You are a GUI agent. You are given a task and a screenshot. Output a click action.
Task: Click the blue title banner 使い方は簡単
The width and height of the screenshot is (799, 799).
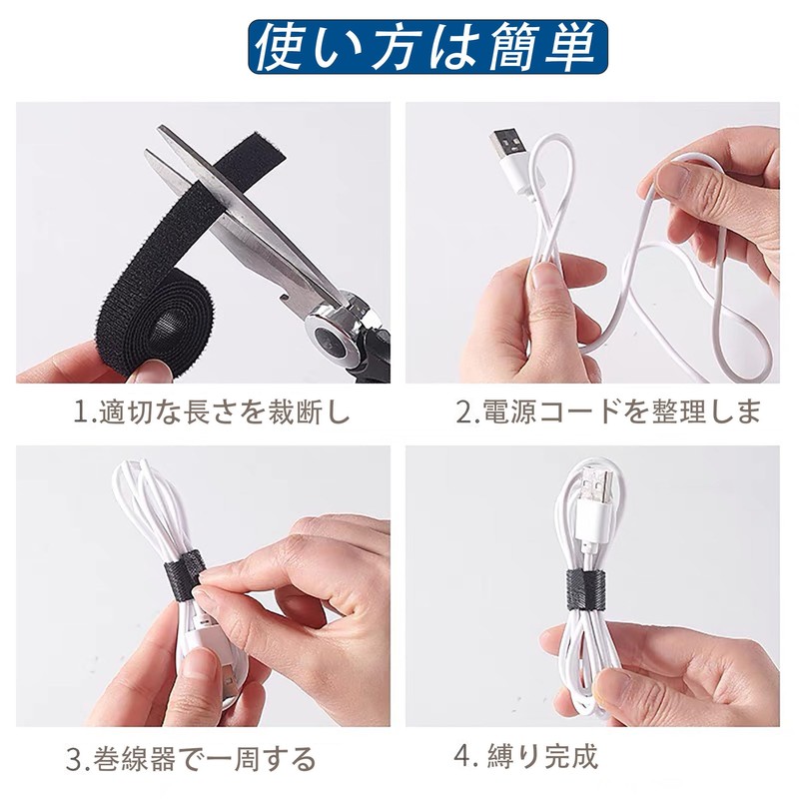pos(428,47)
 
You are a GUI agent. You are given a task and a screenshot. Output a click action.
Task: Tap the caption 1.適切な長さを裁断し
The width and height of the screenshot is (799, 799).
pos(212,411)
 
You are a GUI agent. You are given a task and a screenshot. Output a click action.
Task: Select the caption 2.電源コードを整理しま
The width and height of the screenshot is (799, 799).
pos(608,411)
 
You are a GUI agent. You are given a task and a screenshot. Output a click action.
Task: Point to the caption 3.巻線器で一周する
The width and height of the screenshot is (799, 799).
pos(191,759)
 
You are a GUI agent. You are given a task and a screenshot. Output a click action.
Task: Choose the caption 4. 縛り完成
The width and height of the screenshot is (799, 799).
pos(525,756)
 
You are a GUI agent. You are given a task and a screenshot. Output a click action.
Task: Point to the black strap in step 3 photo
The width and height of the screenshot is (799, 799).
pos(184,574)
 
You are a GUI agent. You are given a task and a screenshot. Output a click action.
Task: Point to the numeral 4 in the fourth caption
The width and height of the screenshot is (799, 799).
pos(462,757)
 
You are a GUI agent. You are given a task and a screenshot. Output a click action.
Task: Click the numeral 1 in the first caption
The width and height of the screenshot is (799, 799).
pos(80,412)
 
